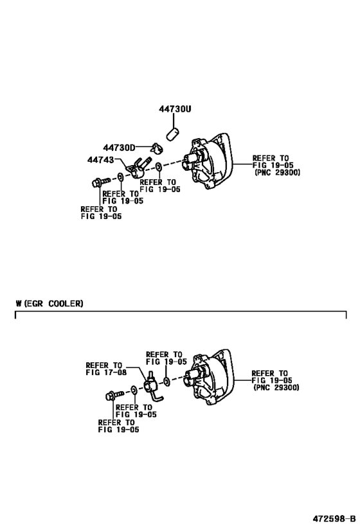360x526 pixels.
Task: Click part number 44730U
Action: pyautogui.click(x=175, y=109)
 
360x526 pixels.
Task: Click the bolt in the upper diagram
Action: pyautogui.click(x=98, y=182)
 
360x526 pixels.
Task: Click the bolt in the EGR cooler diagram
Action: pyautogui.click(x=110, y=396)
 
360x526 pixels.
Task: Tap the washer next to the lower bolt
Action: pyautogui.click(x=132, y=390)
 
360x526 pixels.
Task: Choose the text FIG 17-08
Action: pyautogui.click(x=106, y=373)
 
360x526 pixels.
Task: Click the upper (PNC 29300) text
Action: pyautogui.click(x=276, y=173)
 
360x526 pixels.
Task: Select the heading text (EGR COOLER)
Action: pyautogui.click(x=53, y=303)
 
